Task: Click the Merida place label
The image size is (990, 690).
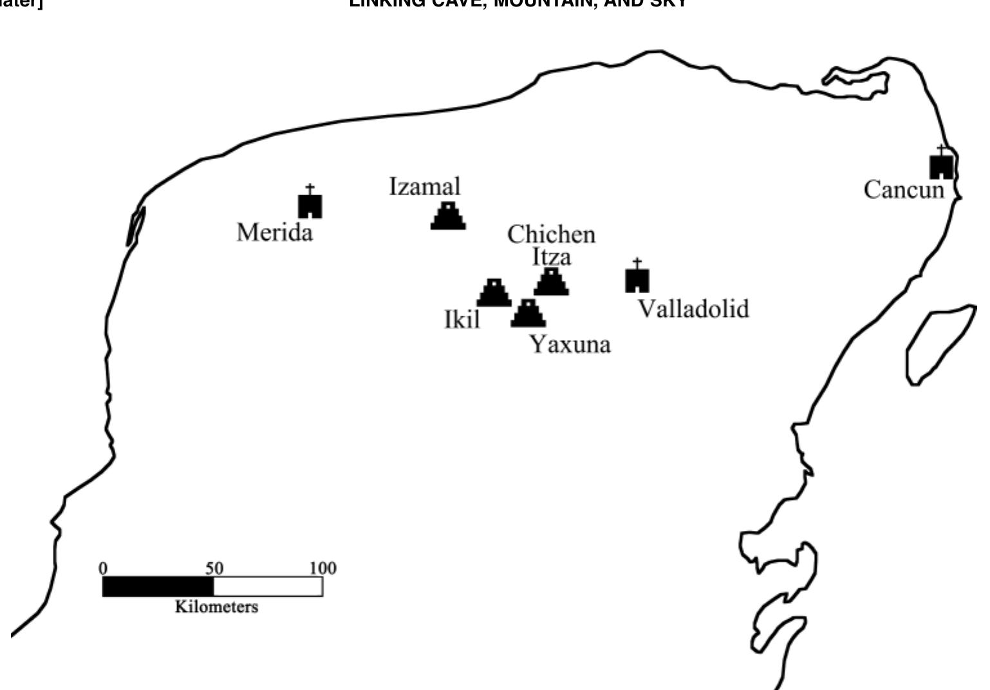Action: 275,232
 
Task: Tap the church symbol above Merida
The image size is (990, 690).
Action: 310,204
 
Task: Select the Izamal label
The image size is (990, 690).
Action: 425,187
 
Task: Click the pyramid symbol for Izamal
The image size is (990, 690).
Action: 448,216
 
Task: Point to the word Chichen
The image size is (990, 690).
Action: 551,235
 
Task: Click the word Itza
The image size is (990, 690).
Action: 551,257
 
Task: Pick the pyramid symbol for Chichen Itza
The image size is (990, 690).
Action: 551,282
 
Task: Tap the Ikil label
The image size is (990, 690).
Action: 462,319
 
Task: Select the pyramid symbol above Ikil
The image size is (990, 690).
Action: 494,293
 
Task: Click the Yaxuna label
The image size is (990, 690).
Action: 570,345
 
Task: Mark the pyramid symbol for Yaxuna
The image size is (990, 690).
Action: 528,314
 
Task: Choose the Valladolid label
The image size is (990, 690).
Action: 693,309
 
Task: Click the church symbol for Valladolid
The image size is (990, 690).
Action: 637,278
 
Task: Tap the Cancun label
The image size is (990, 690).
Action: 904,190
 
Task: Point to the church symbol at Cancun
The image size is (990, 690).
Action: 941,164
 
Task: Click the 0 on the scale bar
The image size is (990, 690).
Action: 103,568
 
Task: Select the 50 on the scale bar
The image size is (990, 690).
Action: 214,568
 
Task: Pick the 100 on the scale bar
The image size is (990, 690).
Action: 322,568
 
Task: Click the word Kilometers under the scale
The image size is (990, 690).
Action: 216,607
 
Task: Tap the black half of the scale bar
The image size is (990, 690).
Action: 158,587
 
